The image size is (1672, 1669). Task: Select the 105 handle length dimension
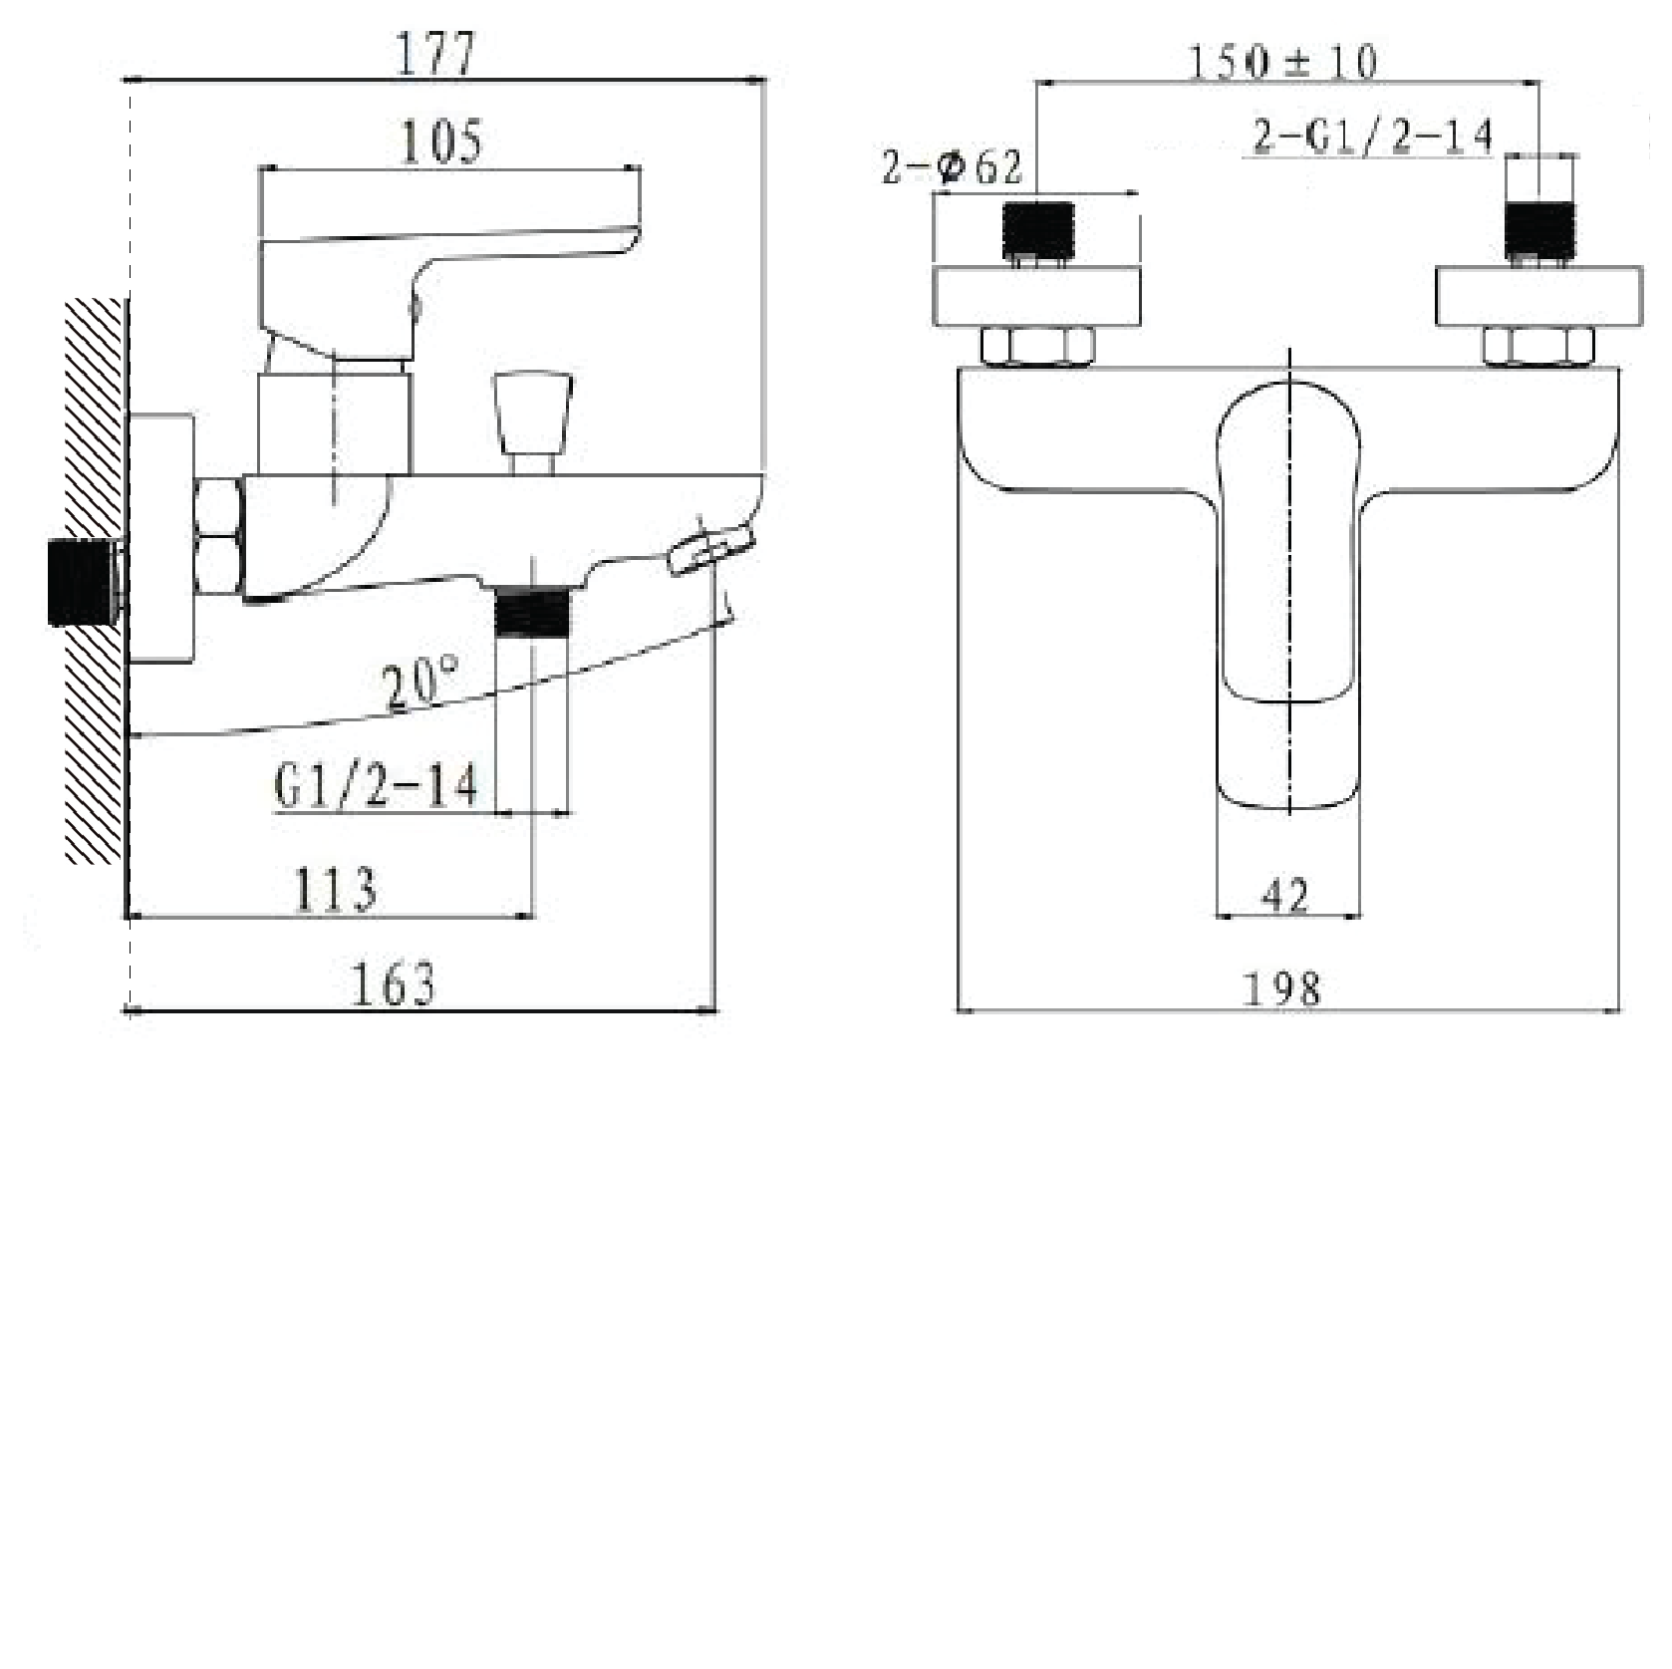pyautogui.click(x=440, y=141)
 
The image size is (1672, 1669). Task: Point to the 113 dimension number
pyautogui.click(x=336, y=889)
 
